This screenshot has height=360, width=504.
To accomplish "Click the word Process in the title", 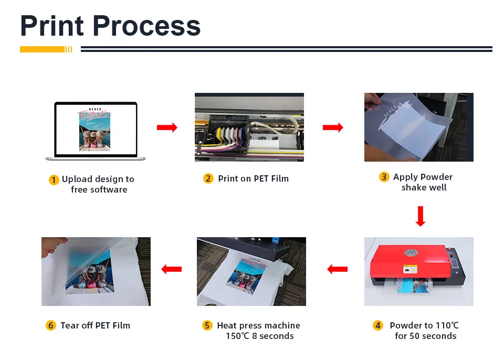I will [147, 26].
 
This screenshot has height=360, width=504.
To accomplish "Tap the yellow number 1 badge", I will [54, 180].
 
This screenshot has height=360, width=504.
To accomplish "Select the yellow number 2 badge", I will [208, 179].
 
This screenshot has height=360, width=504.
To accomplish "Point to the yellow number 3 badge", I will [384, 177].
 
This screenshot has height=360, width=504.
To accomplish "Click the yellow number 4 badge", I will [378, 326].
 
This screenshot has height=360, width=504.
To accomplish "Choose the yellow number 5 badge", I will [207, 326].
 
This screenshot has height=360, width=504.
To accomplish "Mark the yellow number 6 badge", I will [50, 326].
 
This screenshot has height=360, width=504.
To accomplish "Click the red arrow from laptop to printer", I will [167, 128].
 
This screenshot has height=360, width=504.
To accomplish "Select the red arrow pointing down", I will [420, 216].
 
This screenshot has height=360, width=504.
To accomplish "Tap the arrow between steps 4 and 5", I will [337, 269].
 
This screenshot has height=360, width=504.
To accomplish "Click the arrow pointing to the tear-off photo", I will [171, 269].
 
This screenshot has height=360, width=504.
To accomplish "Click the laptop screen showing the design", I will [95, 129].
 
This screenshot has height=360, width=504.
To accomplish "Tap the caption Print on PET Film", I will [253, 179].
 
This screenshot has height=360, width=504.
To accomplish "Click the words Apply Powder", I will [423, 177].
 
